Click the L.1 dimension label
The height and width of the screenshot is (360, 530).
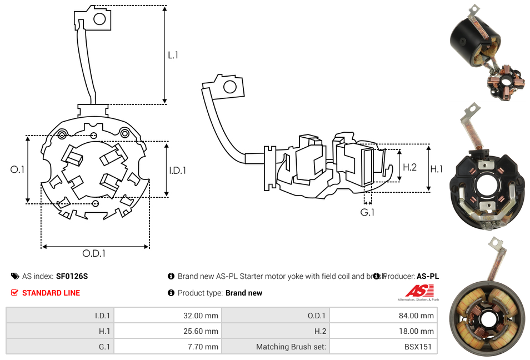click(x=173, y=55)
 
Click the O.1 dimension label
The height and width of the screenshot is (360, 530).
click(x=18, y=169)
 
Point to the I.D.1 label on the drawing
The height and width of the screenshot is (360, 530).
click(x=177, y=171)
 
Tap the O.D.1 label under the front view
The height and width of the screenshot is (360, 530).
click(x=94, y=253)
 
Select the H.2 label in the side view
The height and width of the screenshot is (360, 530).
click(x=409, y=167)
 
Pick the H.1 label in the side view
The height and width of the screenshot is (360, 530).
click(x=437, y=169)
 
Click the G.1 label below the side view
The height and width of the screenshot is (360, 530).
click(x=368, y=212)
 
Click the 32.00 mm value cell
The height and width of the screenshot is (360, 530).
click(x=167, y=316)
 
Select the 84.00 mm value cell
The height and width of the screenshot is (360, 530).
click(x=383, y=316)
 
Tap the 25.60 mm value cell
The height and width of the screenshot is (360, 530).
click(x=167, y=331)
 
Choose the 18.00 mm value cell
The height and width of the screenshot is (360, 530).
click(x=383, y=331)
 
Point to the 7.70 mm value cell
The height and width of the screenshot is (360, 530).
click(x=167, y=347)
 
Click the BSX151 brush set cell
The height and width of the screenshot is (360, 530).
click(x=383, y=347)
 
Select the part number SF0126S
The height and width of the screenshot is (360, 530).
click(x=72, y=276)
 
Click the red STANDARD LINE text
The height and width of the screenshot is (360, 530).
click(x=51, y=293)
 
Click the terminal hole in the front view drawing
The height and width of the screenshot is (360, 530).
click(x=99, y=19)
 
